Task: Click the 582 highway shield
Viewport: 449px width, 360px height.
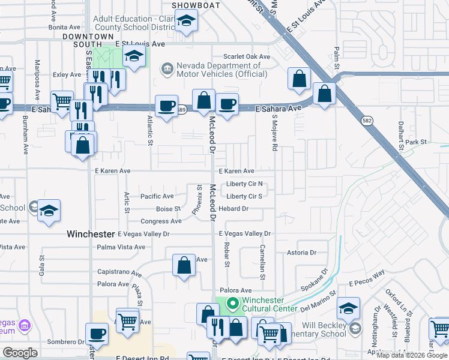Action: point(366,121)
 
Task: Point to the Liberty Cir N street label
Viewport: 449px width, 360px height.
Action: point(245,184)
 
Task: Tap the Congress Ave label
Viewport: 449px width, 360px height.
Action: point(161,221)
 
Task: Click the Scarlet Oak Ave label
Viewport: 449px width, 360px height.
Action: point(247,56)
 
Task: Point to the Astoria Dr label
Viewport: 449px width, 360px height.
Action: point(301,253)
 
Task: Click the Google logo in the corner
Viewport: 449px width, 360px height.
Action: point(20,353)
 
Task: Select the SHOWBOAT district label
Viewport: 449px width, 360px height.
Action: point(193,5)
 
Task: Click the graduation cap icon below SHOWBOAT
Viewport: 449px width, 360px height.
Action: point(187,23)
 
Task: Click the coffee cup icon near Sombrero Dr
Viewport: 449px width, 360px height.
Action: point(97,334)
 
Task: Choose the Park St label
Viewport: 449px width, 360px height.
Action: point(415,142)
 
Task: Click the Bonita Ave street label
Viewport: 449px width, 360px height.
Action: point(64,27)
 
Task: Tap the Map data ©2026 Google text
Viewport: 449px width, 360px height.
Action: point(412,355)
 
